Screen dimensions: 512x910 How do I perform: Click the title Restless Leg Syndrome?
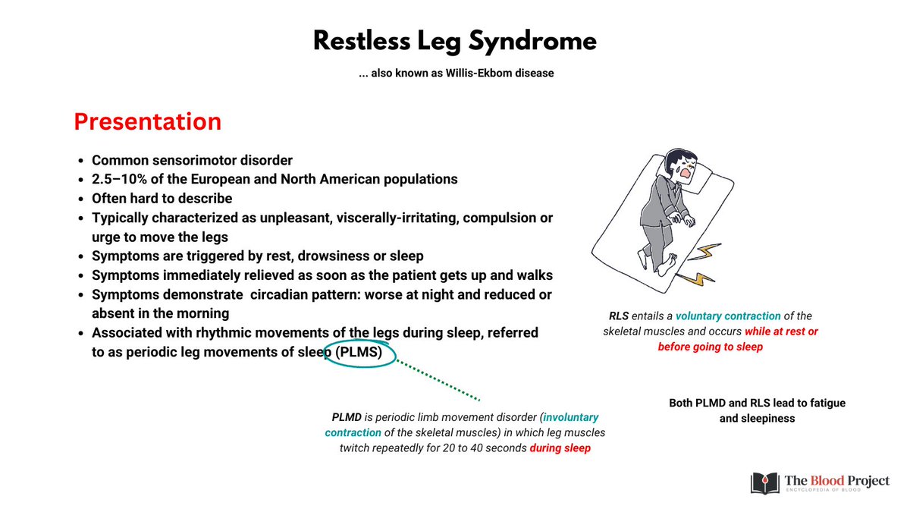click(x=455, y=42)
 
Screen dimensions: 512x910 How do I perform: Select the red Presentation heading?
click(x=147, y=121)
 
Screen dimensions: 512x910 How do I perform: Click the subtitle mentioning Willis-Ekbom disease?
click(x=455, y=73)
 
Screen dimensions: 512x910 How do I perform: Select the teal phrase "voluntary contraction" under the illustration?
click(x=727, y=316)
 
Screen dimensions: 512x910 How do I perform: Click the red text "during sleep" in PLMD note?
click(x=560, y=448)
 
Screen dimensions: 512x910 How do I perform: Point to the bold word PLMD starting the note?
click(x=346, y=417)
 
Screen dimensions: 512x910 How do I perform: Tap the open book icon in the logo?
click(x=765, y=482)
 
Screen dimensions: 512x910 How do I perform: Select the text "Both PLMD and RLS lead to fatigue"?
click(x=757, y=403)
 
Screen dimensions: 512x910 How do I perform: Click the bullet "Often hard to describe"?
click(x=162, y=198)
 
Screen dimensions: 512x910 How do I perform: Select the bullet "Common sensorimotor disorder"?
click(x=192, y=160)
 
